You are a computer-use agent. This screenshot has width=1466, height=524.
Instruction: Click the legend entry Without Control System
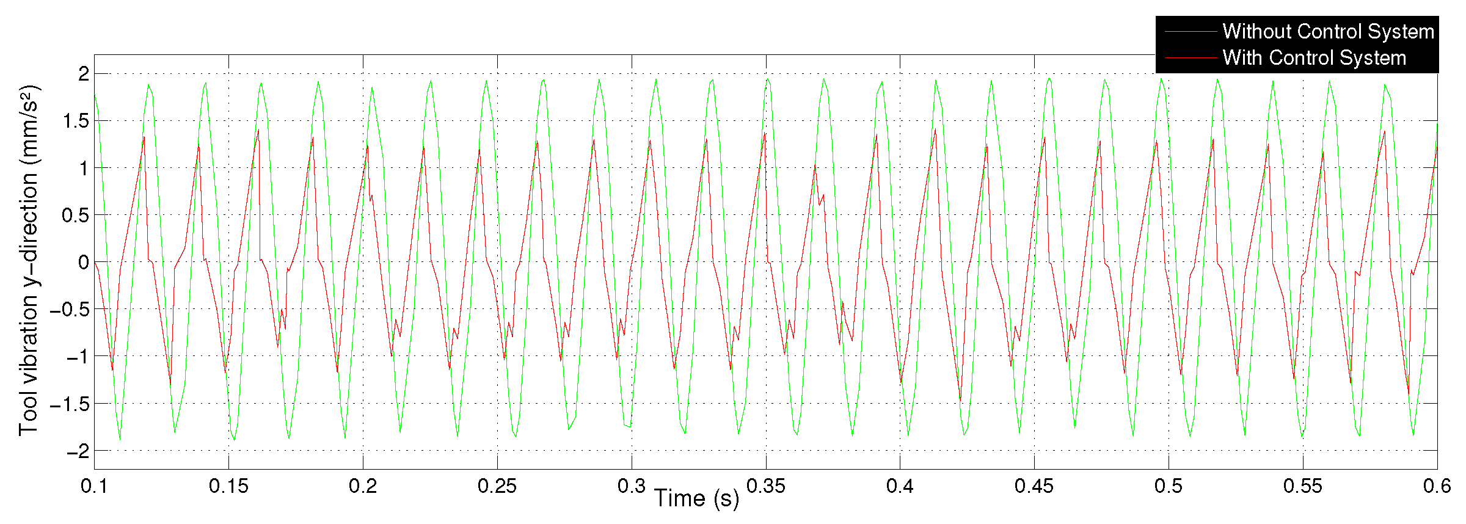point(1328,31)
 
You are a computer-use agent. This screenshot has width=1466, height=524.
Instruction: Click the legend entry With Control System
point(1314,58)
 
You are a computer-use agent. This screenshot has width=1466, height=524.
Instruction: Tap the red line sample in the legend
point(1191,58)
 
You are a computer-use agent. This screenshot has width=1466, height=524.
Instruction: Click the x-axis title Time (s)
point(696,499)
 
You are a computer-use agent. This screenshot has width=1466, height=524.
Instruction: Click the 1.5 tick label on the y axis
point(76,121)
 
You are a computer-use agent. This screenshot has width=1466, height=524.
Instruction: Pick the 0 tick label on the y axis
point(84,263)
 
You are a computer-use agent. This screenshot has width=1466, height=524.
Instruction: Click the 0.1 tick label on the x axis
point(94,486)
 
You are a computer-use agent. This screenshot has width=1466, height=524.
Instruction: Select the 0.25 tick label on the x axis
point(497,486)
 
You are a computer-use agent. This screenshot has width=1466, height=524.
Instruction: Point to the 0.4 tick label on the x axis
point(900,486)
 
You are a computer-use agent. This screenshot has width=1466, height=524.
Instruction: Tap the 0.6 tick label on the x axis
point(1437,486)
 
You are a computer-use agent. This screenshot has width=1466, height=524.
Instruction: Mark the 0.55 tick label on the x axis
point(1303,486)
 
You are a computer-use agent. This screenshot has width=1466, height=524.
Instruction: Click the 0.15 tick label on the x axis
point(228,486)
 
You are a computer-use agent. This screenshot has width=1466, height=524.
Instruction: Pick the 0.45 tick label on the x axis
point(1034,486)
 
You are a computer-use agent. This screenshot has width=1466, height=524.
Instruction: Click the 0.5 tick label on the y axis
point(76,216)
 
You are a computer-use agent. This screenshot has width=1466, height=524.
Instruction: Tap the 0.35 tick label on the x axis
point(765,486)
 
